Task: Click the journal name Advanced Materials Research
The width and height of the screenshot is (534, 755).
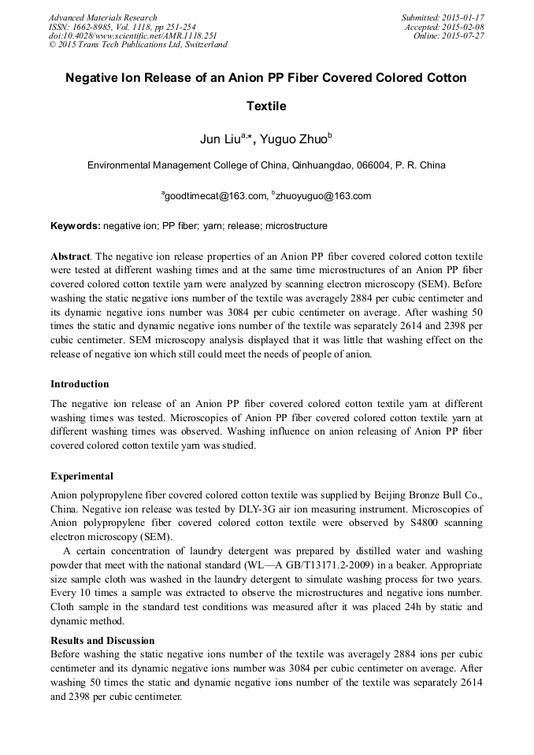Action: [x=102, y=17]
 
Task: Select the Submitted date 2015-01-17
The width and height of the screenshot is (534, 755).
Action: [x=463, y=17]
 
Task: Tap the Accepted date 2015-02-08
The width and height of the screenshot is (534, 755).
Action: [x=465, y=27]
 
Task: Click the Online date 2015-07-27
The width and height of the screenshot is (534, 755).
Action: [x=466, y=35]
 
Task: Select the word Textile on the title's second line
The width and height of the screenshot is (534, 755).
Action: [x=266, y=105]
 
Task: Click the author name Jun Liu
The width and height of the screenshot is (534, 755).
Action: [x=221, y=140]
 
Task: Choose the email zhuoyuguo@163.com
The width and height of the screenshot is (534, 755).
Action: [x=323, y=196]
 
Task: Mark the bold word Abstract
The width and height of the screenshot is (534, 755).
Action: [x=70, y=257]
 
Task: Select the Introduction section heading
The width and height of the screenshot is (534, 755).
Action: [x=80, y=384]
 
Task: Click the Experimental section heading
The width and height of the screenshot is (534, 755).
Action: [x=82, y=476]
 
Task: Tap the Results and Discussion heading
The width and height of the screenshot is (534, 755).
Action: [x=102, y=640]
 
